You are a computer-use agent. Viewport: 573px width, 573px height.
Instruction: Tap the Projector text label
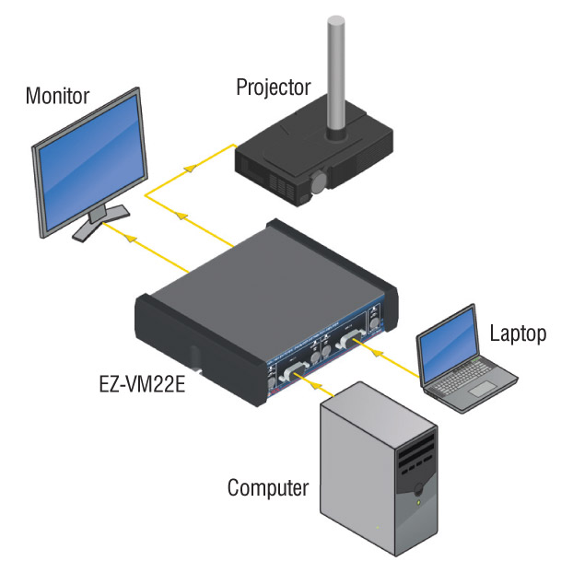pyautogui.click(x=274, y=87)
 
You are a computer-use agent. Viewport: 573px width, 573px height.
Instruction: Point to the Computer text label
pyautogui.click(x=268, y=487)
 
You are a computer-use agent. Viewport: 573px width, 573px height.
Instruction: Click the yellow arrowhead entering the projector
pyautogui.click(x=190, y=166)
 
